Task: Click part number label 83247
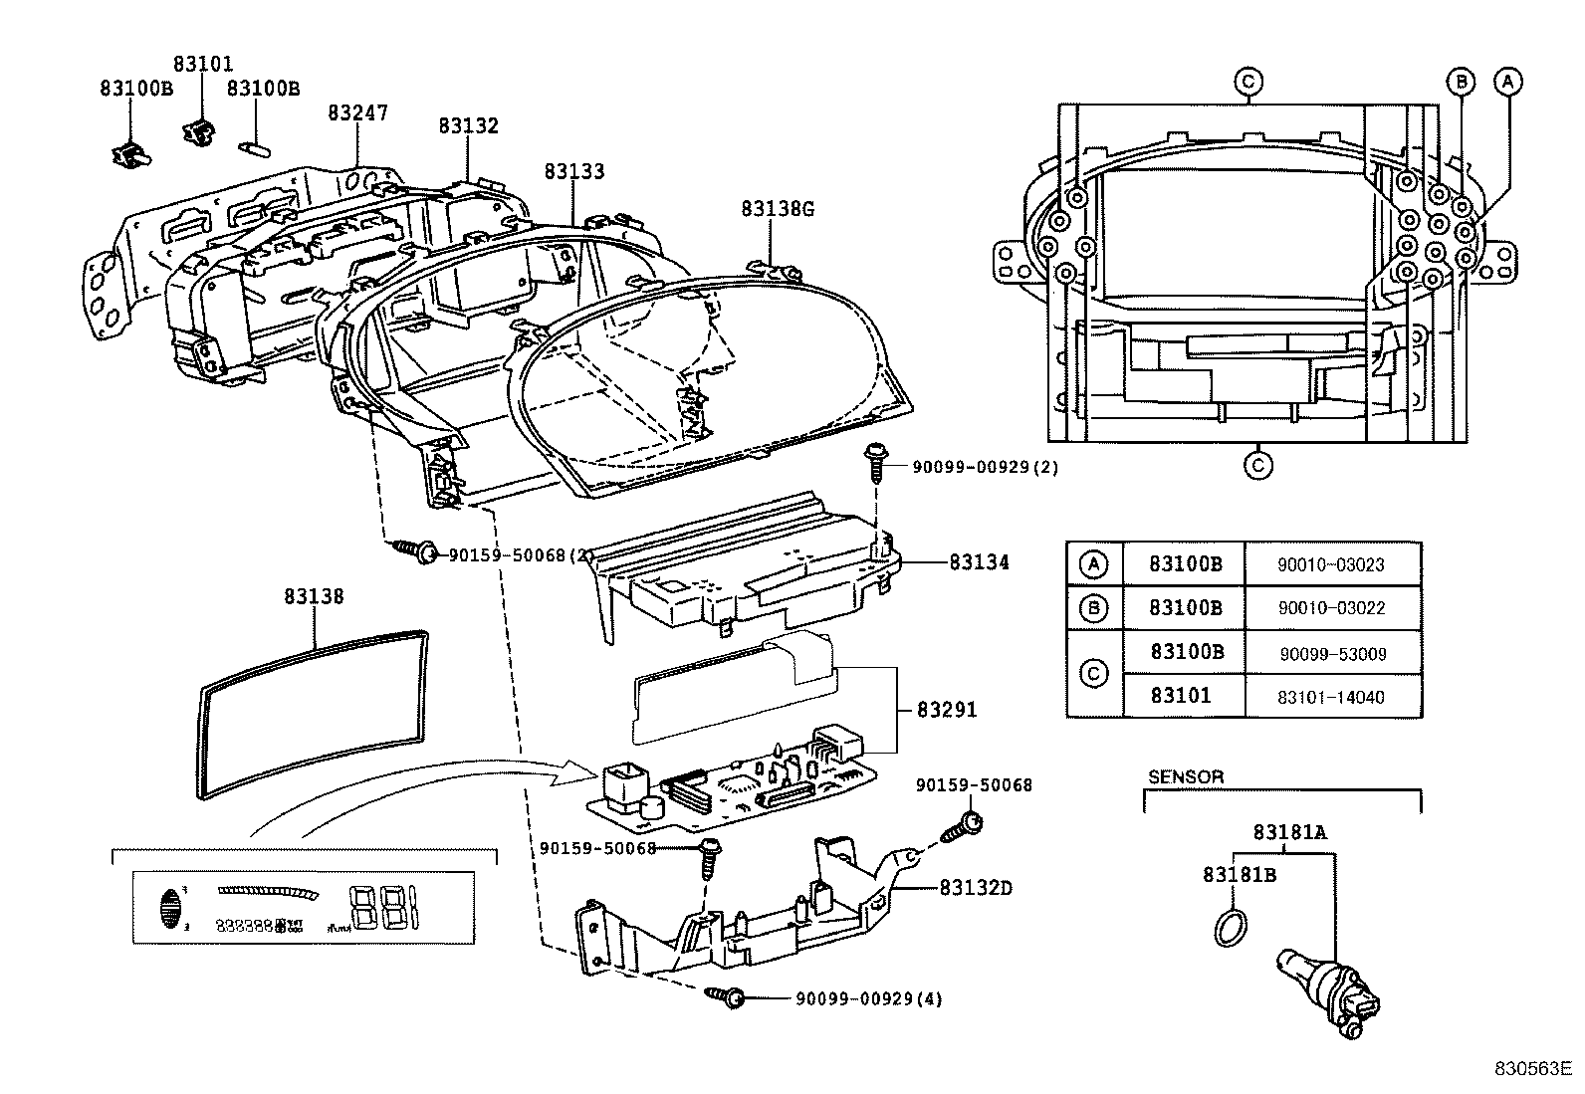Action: (357, 113)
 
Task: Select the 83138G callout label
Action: (777, 209)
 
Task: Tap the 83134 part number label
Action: (979, 562)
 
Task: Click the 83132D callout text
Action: (975, 887)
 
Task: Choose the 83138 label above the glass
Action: (314, 596)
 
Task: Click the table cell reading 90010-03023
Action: (1331, 565)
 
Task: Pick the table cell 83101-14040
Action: (1331, 697)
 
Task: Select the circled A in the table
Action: (1093, 565)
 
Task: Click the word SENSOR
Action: (1186, 776)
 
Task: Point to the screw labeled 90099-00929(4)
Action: (725, 994)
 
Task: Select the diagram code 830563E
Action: (1529, 1069)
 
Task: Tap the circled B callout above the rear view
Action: (1461, 82)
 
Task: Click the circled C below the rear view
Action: (1258, 464)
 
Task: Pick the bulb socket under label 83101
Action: (201, 130)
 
